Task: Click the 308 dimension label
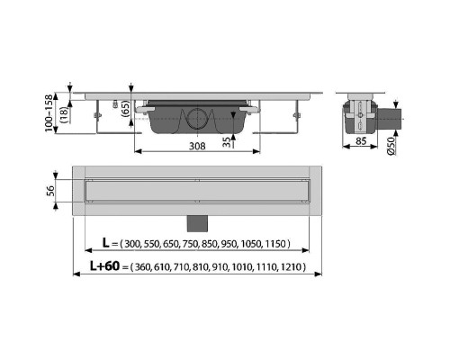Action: (197, 146)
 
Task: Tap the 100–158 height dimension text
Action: (49, 113)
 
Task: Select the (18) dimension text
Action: (65, 114)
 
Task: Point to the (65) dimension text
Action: (125, 108)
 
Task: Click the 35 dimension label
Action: (228, 142)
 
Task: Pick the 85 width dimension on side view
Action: (361, 140)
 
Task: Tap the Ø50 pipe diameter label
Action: (391, 146)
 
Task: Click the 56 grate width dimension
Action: (50, 191)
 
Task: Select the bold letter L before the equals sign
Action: (105, 243)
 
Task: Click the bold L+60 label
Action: (104, 265)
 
